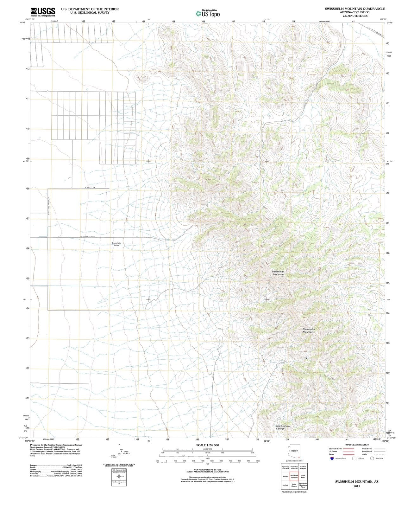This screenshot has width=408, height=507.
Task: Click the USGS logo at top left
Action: click(43, 12)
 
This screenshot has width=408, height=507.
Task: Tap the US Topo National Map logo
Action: click(208, 13)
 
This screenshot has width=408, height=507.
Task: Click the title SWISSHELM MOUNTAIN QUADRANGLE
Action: click(355, 9)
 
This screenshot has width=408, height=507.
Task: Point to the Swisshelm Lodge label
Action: click(116, 244)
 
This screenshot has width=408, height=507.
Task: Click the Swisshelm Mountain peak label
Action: click(278, 273)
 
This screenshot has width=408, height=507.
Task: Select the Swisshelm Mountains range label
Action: click(309, 331)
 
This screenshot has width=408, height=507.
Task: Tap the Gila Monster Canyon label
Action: click(283, 427)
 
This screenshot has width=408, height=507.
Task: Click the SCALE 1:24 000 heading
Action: click(207, 445)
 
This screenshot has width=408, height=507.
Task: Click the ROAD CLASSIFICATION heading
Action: click(357, 445)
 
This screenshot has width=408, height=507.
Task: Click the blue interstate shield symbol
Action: click(332, 458)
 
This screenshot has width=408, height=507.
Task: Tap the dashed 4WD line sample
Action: click(380, 454)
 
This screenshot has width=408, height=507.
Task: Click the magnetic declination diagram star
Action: click(119, 445)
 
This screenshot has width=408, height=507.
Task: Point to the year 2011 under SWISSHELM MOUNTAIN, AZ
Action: click(357, 486)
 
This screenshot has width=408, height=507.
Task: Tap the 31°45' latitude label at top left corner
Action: click(22, 22)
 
